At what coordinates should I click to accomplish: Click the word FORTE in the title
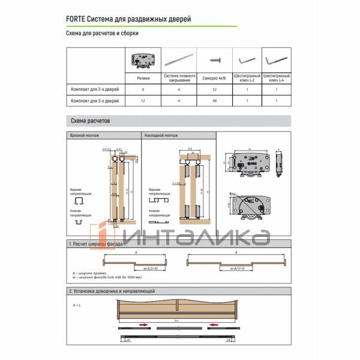pyautogui.click(x=76, y=19)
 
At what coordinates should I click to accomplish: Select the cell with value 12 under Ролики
pyautogui.click(x=144, y=101)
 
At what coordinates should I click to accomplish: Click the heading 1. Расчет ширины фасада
pyautogui.click(x=96, y=245)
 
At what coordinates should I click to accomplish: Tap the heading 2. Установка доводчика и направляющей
pyautogui.click(x=112, y=291)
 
